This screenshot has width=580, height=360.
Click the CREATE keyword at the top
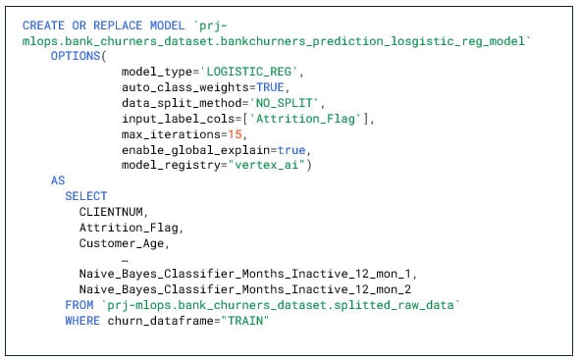pos(42,24)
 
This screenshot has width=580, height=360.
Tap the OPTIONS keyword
pos(78,56)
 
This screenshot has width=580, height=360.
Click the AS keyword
pos(58,181)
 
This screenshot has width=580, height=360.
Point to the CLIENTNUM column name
pos(113,212)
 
